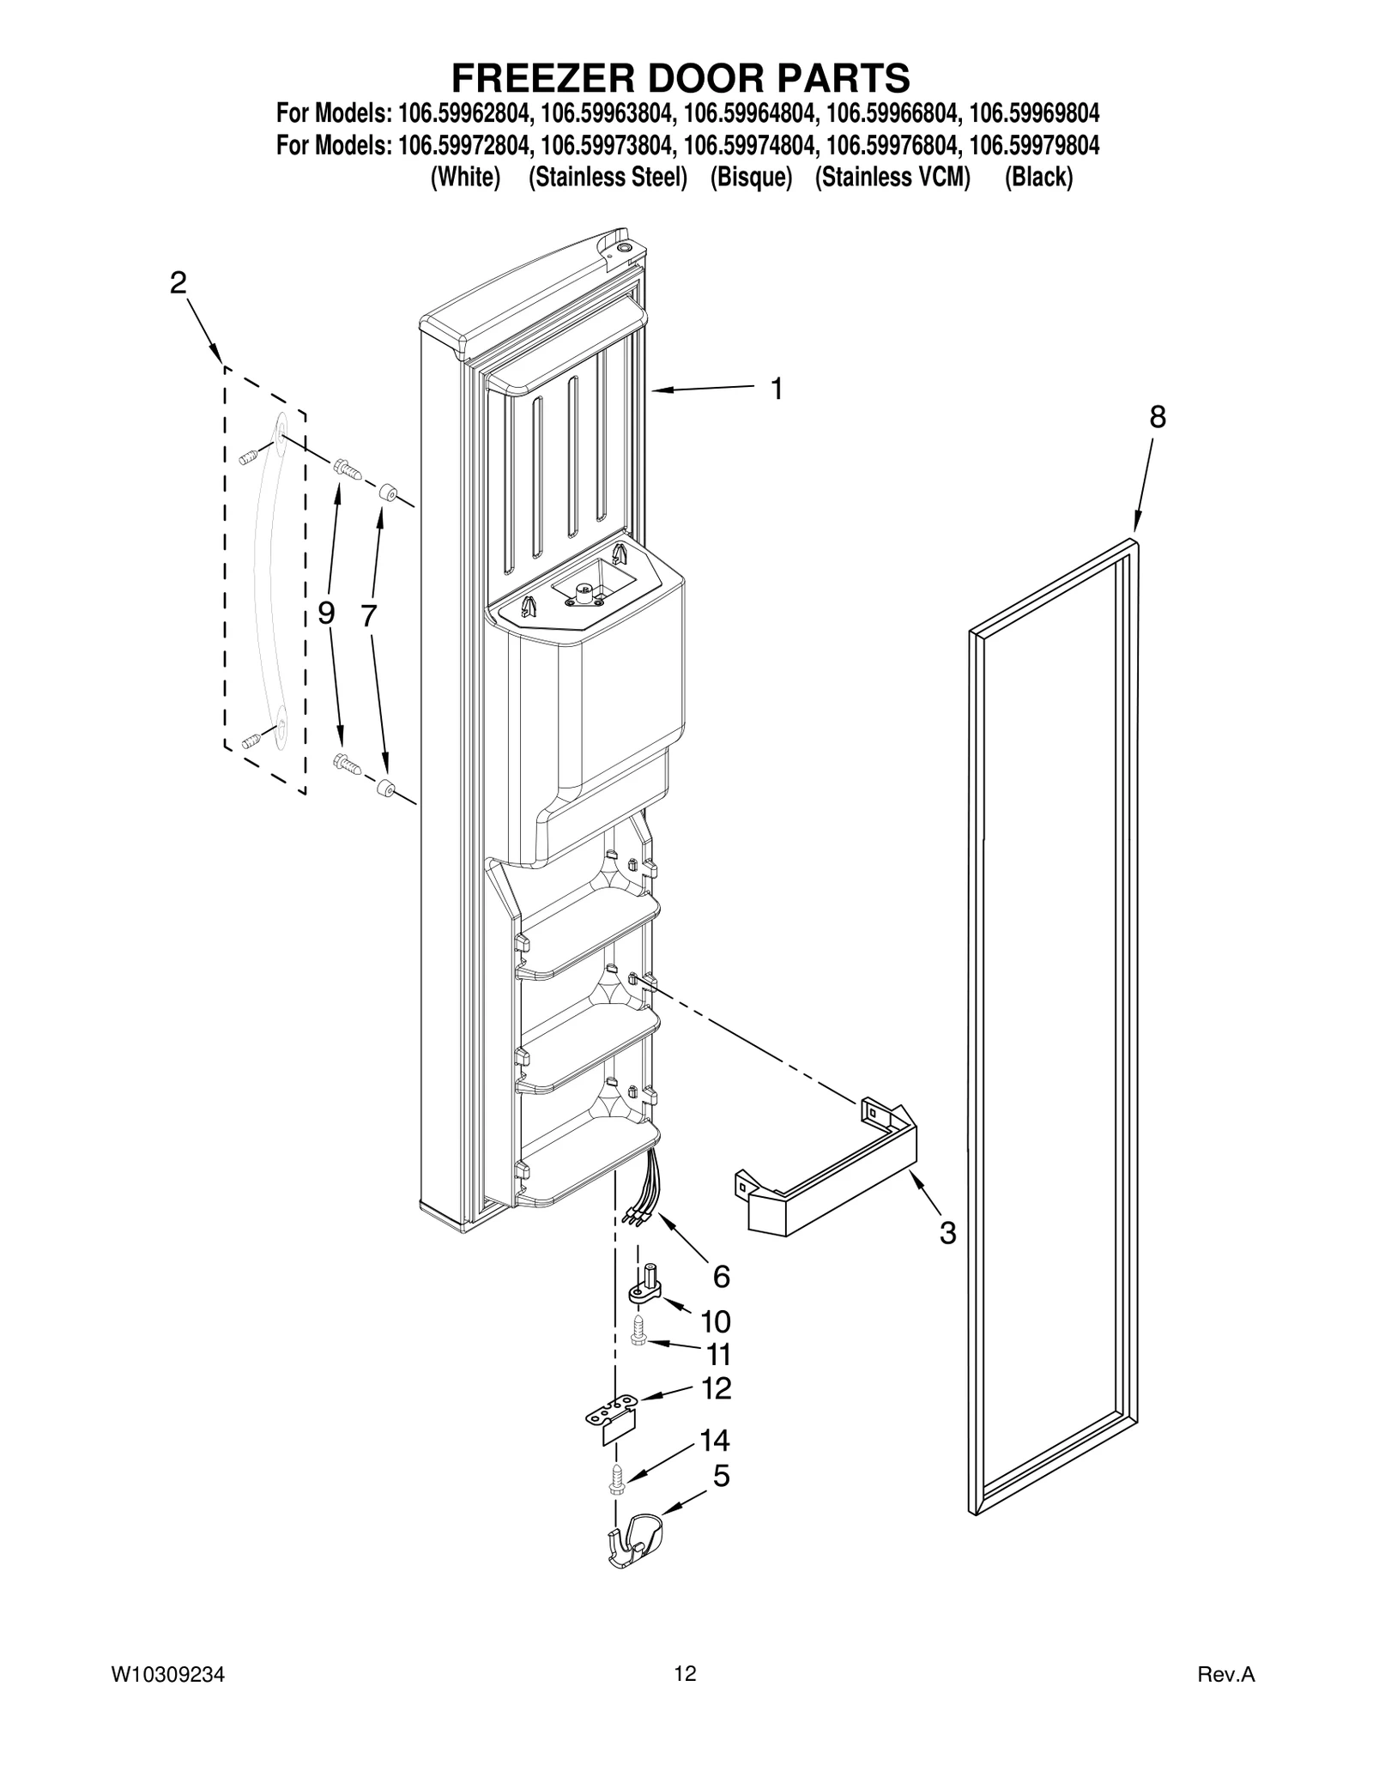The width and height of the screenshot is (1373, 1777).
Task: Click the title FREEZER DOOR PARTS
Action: [680, 78]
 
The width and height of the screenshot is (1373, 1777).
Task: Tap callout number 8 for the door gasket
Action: [1157, 418]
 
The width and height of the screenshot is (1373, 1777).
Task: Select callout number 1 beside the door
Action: [776, 390]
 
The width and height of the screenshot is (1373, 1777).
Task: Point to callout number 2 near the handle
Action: [178, 282]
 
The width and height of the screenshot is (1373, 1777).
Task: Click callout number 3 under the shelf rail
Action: [947, 1234]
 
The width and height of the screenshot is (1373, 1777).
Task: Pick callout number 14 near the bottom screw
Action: [714, 1440]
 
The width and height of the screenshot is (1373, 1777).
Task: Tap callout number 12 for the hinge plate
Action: [716, 1388]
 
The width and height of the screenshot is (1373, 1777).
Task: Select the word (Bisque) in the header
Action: [751, 178]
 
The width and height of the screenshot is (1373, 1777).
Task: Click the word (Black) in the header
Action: [1038, 178]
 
